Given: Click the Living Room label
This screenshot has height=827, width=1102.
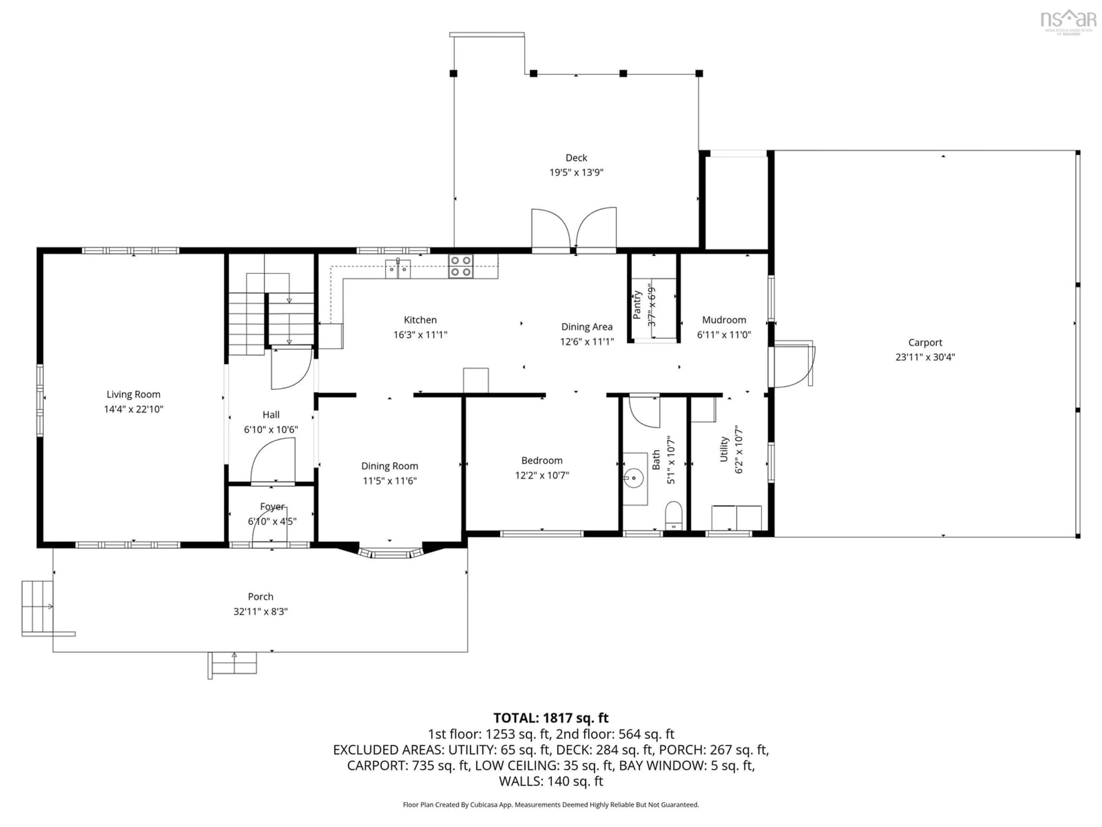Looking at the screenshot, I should (x=133, y=394).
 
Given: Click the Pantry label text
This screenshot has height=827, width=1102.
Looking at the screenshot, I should (x=637, y=305).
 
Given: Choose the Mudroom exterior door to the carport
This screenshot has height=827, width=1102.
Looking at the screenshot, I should (x=792, y=366).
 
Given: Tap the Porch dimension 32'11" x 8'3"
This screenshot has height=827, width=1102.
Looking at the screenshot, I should (x=261, y=612).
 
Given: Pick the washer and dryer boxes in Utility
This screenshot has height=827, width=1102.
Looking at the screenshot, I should (x=736, y=518).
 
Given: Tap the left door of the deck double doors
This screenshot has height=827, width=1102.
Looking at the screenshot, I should (x=550, y=229).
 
